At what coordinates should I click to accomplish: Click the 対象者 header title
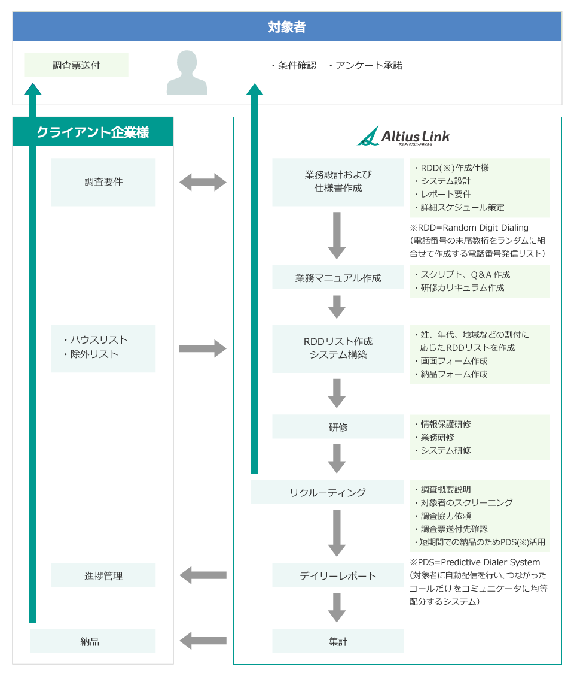(287, 27)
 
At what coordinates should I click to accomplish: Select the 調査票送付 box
(76, 65)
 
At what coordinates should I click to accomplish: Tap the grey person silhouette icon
(187, 73)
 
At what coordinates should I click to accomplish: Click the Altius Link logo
(403, 137)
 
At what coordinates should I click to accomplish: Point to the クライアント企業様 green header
(93, 132)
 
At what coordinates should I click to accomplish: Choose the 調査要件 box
(103, 182)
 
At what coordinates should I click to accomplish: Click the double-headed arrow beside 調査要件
(203, 182)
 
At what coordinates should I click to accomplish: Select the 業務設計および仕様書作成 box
(338, 181)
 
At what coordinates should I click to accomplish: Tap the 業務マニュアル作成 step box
(338, 278)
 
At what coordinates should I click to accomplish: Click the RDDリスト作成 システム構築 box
(338, 348)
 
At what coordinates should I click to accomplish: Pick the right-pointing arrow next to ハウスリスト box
(203, 348)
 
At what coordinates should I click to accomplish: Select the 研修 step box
(338, 427)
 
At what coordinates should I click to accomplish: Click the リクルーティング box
(327, 492)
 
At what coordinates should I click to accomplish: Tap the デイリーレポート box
(338, 575)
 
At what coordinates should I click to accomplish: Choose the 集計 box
(338, 641)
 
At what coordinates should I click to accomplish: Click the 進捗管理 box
(103, 575)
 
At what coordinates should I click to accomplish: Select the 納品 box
(93, 641)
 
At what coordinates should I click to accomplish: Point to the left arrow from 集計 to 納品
(203, 641)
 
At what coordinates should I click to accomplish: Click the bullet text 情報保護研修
(445, 424)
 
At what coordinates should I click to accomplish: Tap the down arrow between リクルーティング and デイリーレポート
(337, 532)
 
